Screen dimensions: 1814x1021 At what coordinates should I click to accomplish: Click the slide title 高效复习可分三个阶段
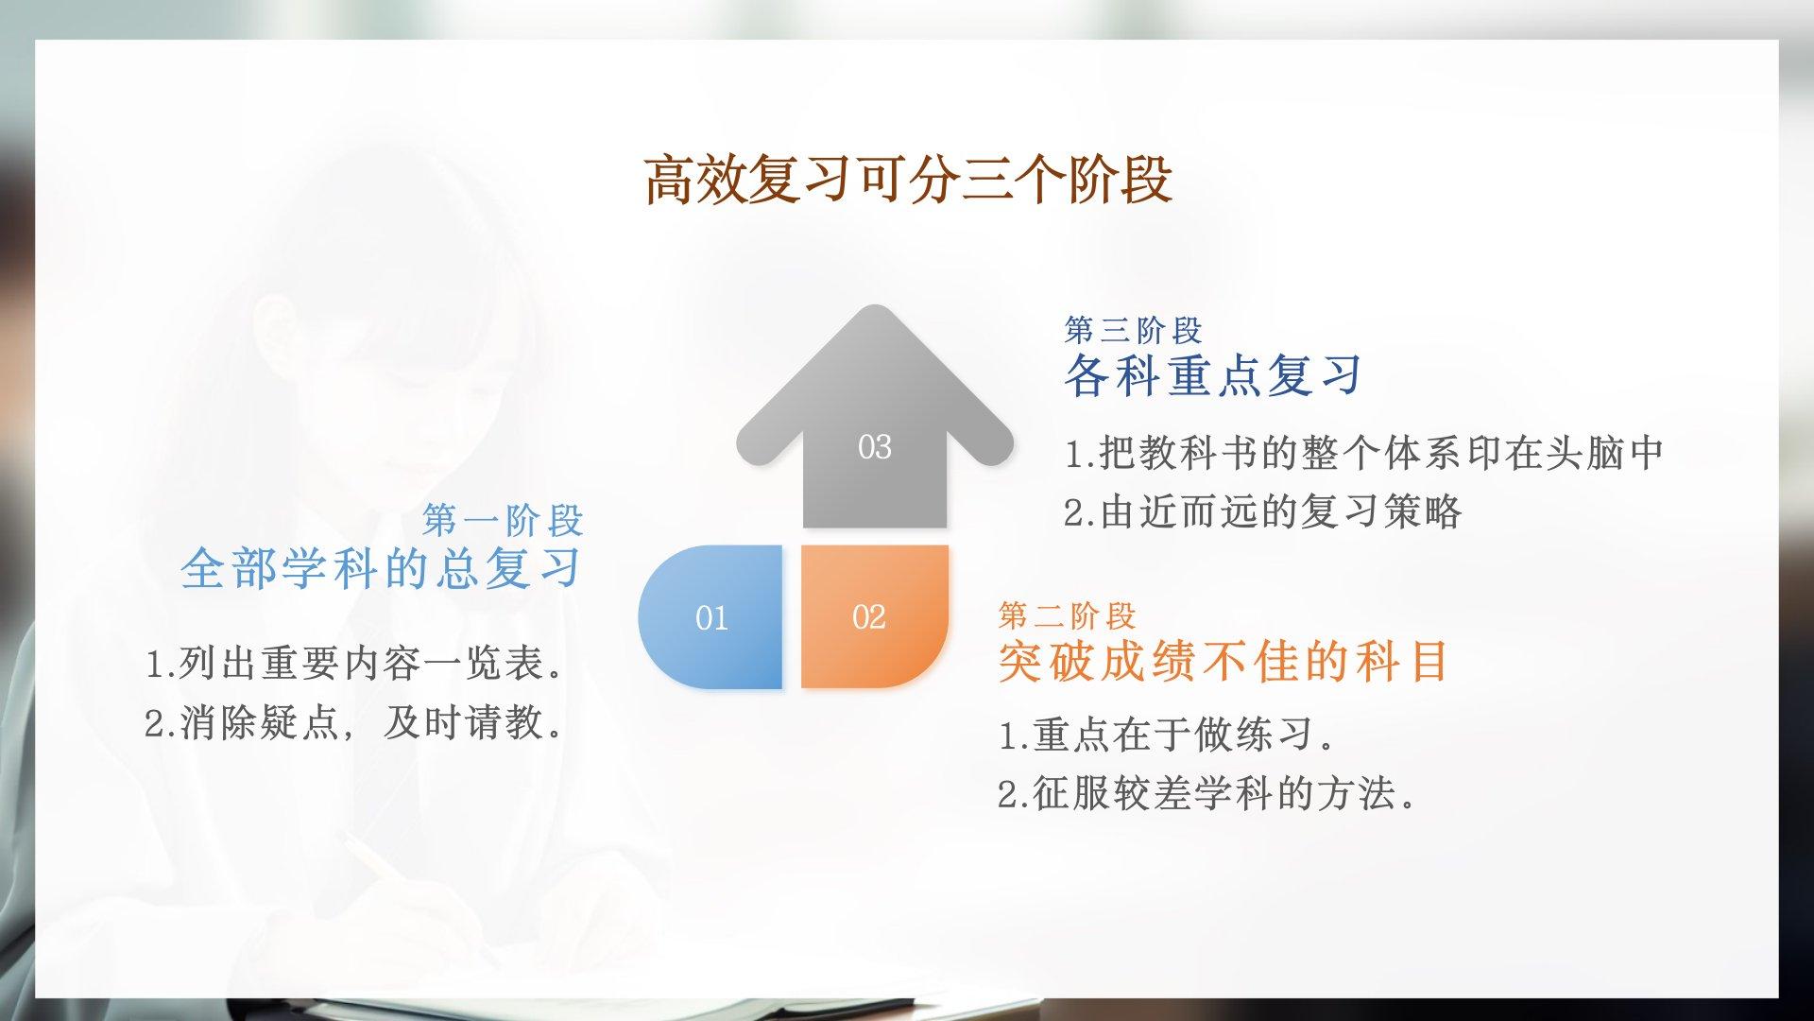click(908, 180)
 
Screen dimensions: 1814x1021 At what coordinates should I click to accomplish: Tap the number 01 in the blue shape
click(711, 618)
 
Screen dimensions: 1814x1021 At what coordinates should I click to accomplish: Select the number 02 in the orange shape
click(869, 617)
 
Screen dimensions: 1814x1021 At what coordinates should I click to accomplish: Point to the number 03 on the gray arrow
click(875, 447)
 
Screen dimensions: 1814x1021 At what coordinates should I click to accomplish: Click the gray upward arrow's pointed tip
click(875, 307)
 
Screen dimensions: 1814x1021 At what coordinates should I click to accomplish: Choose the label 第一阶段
click(503, 520)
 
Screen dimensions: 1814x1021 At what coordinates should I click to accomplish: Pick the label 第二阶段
click(1067, 616)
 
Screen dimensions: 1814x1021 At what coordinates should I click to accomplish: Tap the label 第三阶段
click(1133, 331)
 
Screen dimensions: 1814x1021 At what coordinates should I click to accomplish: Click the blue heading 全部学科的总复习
click(381, 568)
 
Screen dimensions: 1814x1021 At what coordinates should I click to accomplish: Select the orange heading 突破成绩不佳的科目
click(1224, 661)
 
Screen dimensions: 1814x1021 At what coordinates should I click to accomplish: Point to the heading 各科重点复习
click(1213, 375)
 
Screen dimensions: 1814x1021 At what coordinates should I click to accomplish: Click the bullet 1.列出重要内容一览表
click(355, 663)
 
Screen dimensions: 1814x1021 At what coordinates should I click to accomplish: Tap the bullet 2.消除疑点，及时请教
click(355, 723)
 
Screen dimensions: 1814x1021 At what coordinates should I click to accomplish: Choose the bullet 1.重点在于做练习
click(1167, 735)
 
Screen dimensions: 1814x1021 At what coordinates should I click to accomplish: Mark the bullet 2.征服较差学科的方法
click(1208, 794)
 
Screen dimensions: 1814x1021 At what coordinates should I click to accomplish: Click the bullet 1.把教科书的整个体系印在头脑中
click(1364, 453)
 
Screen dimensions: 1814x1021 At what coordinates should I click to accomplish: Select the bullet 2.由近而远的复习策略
click(1263, 512)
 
